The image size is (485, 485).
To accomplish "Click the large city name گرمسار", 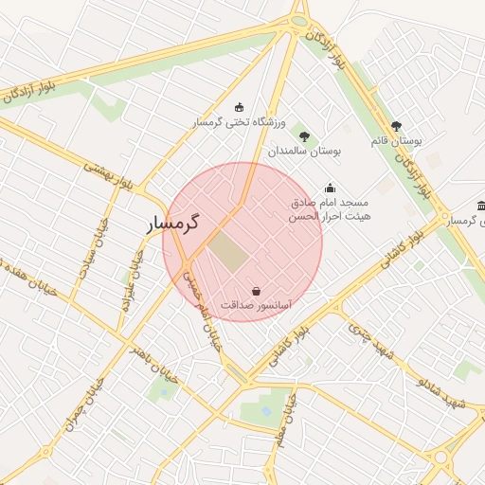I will tap(175, 225).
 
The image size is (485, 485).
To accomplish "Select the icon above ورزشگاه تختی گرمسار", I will tap(238, 107).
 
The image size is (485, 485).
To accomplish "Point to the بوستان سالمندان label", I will tap(303, 152).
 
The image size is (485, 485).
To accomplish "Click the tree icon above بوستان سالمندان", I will tap(304, 136).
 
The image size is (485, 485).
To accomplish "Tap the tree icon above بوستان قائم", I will tap(396, 125).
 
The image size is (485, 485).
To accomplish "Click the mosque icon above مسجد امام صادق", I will tap(330, 188).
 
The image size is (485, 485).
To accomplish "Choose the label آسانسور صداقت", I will tap(256, 306).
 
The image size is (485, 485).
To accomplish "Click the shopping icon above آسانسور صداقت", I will tap(256, 291).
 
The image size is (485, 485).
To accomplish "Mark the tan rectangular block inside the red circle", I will tap(227, 250).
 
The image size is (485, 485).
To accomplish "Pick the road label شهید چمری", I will tap(370, 341).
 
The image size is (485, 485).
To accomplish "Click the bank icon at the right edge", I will tap(481, 207).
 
